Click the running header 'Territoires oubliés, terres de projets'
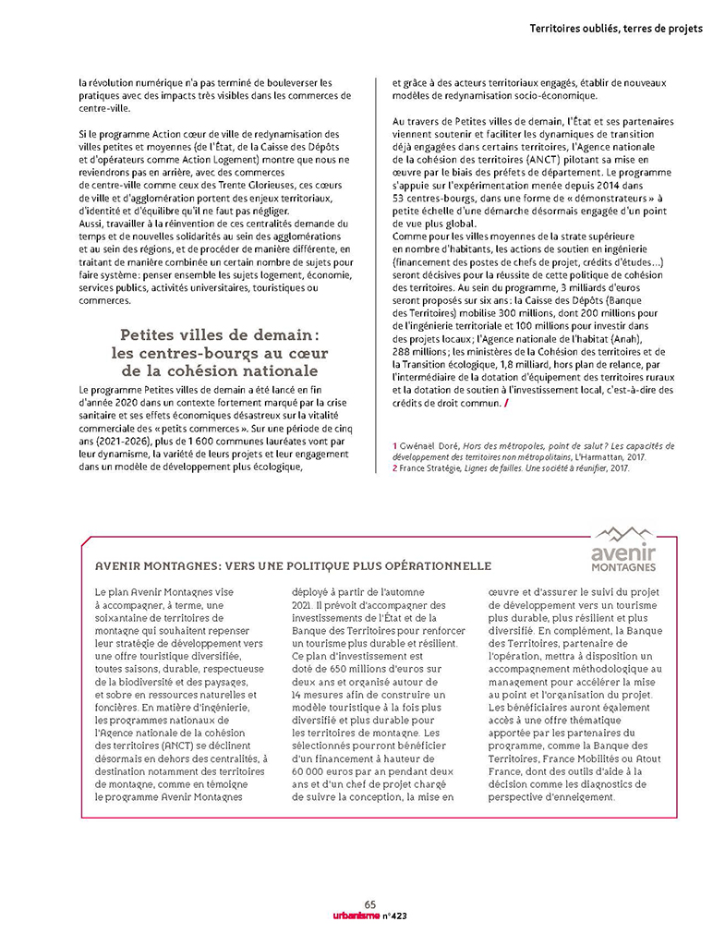pyautogui.click(x=616, y=29)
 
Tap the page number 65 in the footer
pyautogui.click(x=370, y=904)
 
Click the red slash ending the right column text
pyautogui.click(x=506, y=404)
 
